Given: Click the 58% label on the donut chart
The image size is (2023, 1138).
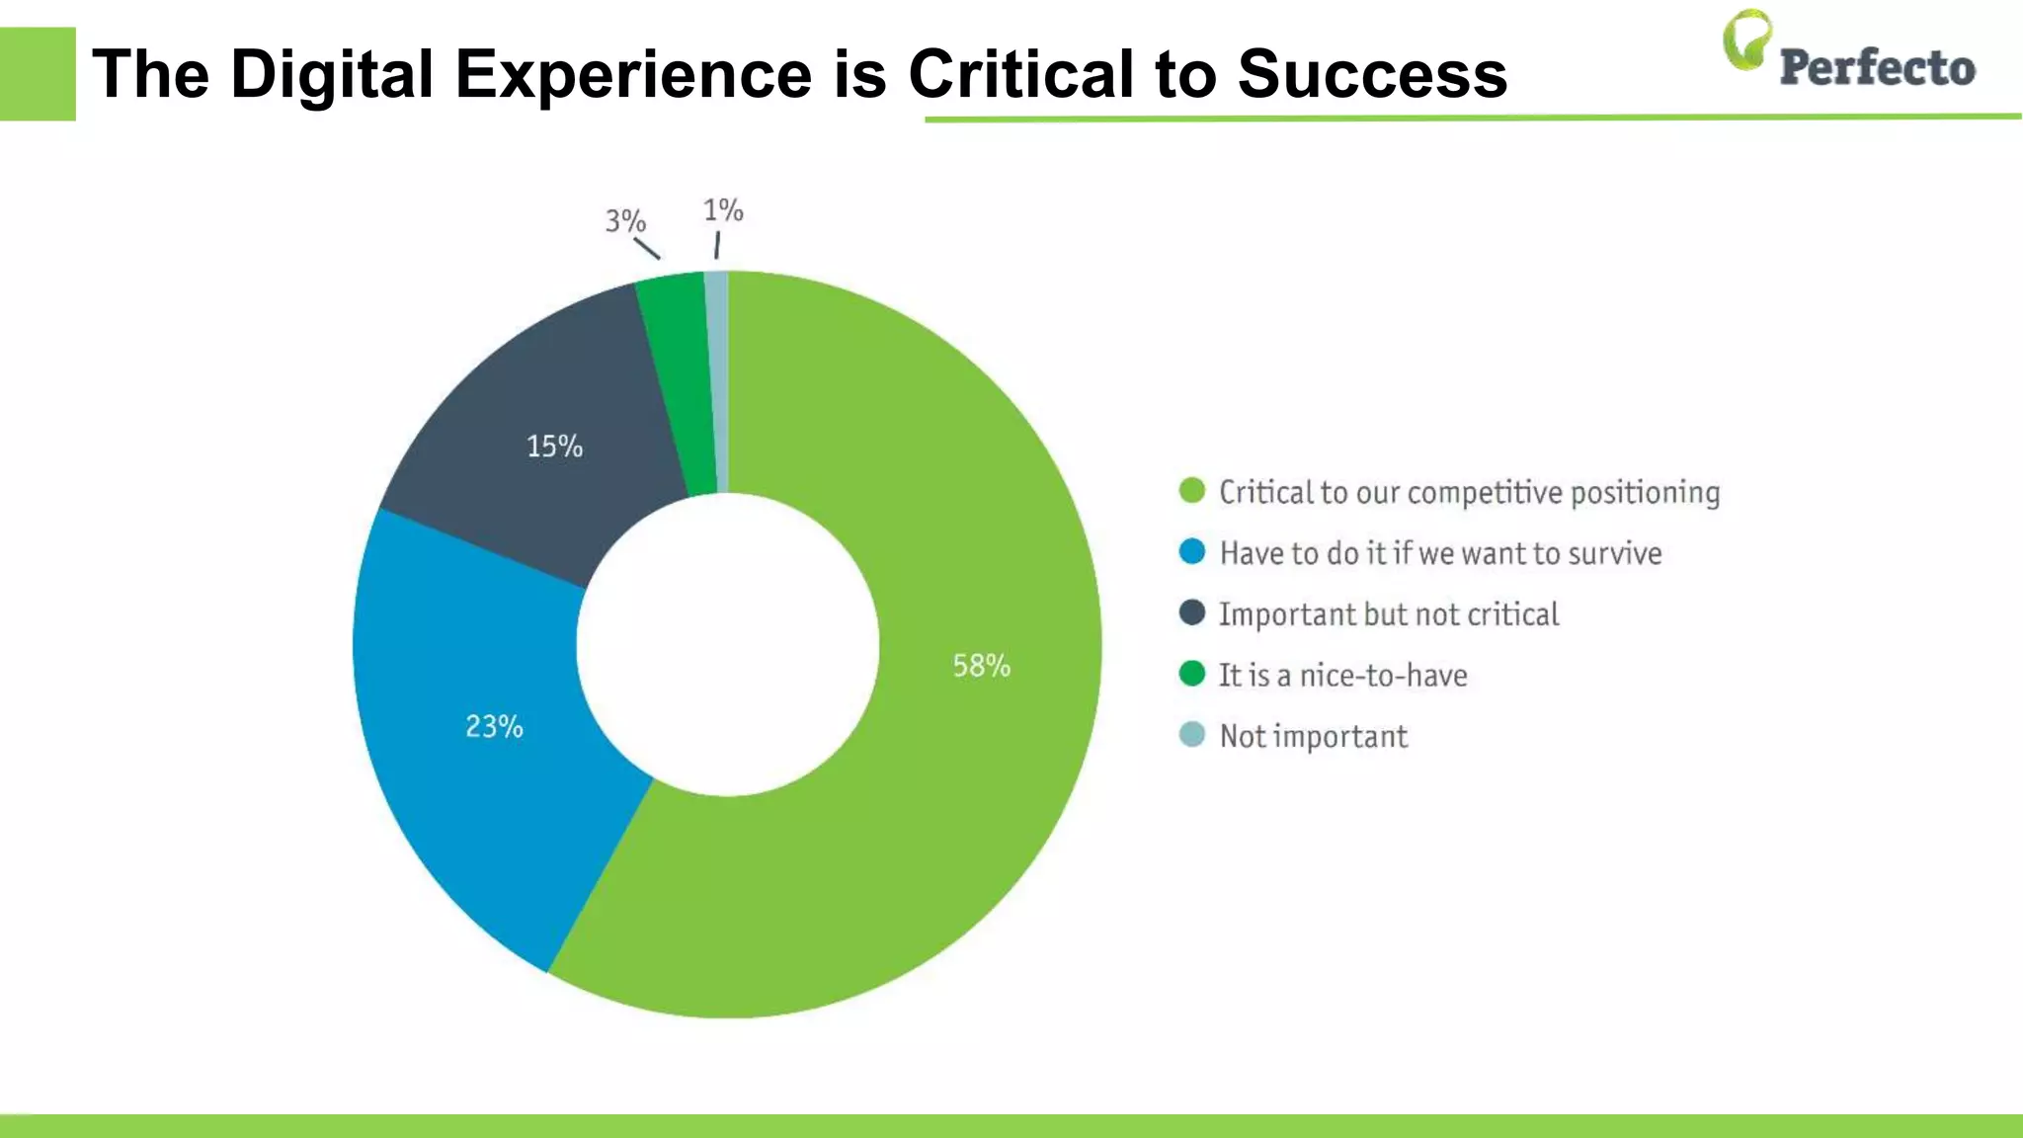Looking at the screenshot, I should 981,666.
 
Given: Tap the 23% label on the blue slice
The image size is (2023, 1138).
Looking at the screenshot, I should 494,727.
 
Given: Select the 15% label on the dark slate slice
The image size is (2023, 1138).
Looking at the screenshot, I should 554,447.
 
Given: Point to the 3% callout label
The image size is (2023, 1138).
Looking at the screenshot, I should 624,220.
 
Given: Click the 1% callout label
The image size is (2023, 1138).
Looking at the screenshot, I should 723,210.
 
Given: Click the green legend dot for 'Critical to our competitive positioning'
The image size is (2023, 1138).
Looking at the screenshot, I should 1192,491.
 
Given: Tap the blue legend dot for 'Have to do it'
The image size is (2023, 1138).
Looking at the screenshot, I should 1192,552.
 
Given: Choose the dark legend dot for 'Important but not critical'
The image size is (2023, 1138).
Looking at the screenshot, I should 1192,613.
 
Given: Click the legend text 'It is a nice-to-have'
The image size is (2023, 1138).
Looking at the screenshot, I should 1342,676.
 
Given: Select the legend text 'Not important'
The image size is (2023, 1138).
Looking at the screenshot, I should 1313,737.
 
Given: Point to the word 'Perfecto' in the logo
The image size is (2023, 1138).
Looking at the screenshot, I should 1877,68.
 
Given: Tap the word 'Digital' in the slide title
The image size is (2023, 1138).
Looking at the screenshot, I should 332,75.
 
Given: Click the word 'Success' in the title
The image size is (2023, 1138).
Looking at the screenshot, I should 1372,75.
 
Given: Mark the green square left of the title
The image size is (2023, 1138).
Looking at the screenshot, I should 38,74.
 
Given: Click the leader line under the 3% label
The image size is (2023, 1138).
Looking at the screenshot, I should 647,249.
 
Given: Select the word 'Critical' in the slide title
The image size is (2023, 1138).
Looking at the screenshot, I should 1020,75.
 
